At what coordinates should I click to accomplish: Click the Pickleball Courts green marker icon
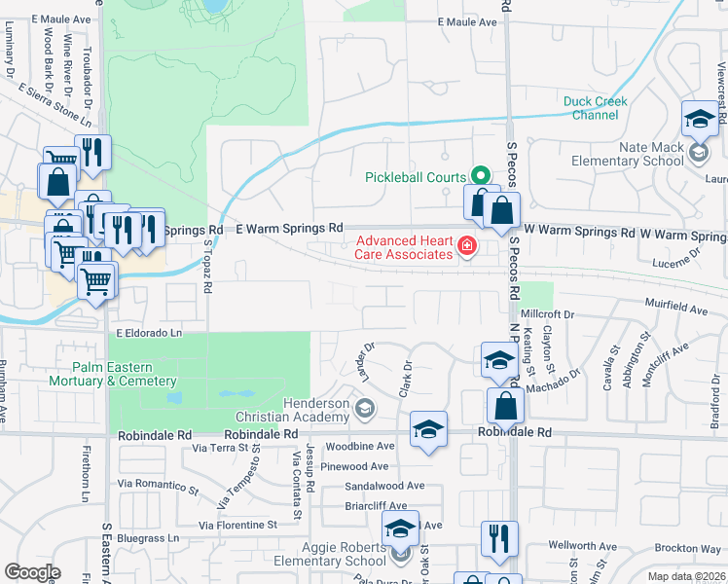tap(480, 176)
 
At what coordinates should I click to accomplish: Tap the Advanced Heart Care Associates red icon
tap(468, 247)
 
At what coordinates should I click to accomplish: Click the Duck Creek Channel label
tap(595, 108)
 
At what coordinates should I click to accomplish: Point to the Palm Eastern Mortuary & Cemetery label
tap(112, 374)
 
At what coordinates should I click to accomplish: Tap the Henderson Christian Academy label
tap(316, 410)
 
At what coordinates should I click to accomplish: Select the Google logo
tap(32, 572)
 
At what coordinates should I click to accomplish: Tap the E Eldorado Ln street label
tap(149, 333)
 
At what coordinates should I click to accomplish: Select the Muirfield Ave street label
tap(679, 310)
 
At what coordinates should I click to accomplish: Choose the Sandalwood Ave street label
tap(385, 486)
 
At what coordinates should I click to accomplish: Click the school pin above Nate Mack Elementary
tap(699, 119)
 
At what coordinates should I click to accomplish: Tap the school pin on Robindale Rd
tap(428, 429)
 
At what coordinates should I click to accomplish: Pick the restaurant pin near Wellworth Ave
tap(499, 538)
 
